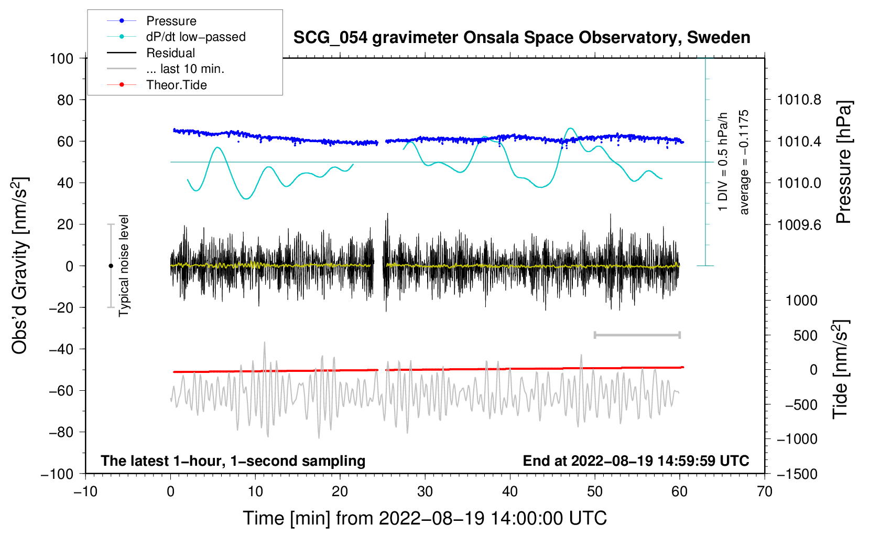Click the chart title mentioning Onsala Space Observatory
(521, 38)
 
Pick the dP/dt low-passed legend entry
(195, 37)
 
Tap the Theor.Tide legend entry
(176, 85)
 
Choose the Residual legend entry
(170, 53)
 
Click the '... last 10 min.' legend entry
(185, 69)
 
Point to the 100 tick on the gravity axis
(61, 58)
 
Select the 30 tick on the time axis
(425, 491)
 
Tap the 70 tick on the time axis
(765, 491)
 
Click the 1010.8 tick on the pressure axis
(799, 100)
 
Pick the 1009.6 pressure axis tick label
(799, 224)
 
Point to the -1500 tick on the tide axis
(797, 474)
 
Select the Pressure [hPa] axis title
(843, 162)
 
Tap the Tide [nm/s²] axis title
(840, 369)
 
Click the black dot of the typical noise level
(111, 266)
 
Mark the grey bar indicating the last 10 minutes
(637, 335)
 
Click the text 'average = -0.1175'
(744, 162)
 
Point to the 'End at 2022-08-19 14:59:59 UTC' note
(636, 461)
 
